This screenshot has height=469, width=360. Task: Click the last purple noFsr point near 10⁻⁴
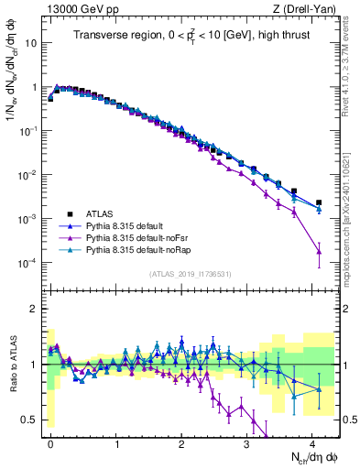[x=319, y=250]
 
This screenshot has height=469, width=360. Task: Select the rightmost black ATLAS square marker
[x=319, y=202]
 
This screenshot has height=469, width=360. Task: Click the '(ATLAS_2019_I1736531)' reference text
[x=189, y=274]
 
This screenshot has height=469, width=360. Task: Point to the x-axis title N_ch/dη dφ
[x=308, y=457]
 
